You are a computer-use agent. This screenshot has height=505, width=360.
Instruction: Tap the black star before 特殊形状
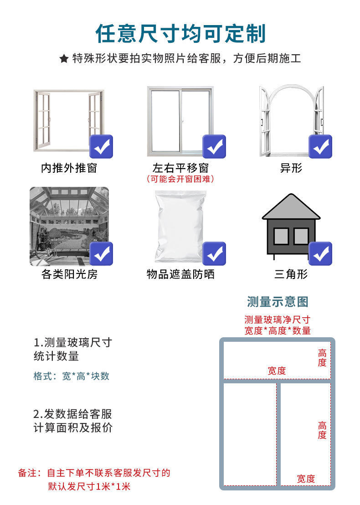coord(64,59)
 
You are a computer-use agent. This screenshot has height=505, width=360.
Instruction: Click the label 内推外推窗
coord(69,168)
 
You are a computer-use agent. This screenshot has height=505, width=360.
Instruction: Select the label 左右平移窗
coord(180,168)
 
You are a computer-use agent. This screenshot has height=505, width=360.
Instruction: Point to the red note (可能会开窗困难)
coord(180,179)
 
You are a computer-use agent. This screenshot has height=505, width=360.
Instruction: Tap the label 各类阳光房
coord(69,274)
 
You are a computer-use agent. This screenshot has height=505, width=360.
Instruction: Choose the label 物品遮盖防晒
coord(180,274)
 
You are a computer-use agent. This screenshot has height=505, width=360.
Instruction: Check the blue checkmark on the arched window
coord(320,147)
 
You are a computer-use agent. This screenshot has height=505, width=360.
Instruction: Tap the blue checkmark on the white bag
coord(214,253)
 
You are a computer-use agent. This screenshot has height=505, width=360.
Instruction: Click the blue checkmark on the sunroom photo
coord(101,253)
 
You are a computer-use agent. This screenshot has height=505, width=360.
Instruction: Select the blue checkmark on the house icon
coord(320,253)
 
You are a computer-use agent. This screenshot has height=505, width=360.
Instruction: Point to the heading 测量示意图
coord(278,301)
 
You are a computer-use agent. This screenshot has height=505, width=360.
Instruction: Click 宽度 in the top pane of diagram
coord(277,371)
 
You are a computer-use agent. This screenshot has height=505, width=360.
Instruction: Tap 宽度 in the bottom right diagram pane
coord(306,479)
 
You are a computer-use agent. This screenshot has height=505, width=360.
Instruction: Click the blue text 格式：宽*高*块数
coord(72,376)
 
